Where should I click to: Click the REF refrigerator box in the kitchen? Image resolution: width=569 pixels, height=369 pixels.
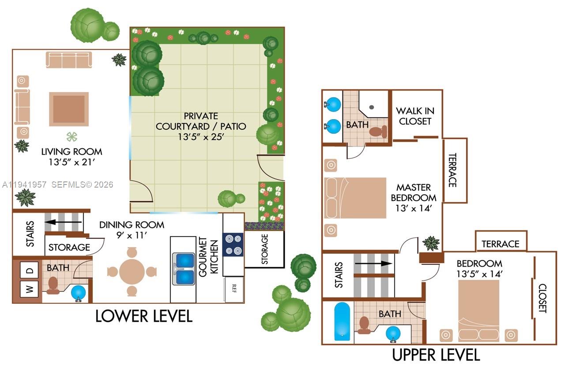click(234, 289)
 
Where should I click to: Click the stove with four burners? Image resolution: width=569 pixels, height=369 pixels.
click(233, 245)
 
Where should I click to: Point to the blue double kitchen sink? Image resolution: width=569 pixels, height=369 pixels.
click(183, 269)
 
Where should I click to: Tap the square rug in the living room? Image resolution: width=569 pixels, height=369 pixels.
click(69, 109)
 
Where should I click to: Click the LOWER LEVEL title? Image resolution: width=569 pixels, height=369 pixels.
click(144, 316)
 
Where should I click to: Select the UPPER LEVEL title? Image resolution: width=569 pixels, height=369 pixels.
click(436, 354)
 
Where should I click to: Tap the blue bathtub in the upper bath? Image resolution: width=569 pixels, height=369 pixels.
click(342, 321)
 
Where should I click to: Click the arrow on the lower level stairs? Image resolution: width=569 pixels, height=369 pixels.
click(64, 222)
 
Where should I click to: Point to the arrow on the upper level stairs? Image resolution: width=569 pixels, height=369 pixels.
click(374, 264)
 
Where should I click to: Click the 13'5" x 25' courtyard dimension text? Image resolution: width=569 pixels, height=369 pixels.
click(201, 137)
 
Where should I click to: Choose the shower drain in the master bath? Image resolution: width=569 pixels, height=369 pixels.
click(372, 107)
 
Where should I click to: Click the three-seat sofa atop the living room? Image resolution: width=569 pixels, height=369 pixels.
click(69, 60)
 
